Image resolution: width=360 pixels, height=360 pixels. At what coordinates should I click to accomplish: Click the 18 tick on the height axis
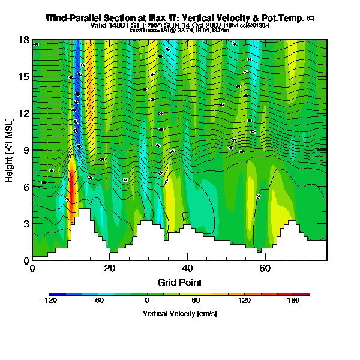tap(25, 40)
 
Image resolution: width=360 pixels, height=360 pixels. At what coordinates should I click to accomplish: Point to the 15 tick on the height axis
tap(25, 76)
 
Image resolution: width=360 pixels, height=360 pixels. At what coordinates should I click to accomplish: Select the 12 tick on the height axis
tap(25, 113)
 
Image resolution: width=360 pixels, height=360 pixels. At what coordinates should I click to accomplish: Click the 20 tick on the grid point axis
tap(110, 268)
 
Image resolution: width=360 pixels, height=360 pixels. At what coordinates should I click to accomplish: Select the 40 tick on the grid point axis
tap(187, 268)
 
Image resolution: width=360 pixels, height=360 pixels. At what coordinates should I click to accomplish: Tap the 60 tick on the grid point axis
tap(265, 268)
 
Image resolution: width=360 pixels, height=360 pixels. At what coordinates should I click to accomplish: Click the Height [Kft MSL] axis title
tap(9, 149)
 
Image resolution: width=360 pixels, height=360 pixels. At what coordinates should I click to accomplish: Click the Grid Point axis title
tap(179, 282)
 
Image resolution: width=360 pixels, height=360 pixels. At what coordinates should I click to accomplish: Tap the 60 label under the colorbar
tap(196, 301)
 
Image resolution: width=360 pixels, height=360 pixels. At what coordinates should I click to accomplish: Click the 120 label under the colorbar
tap(244, 301)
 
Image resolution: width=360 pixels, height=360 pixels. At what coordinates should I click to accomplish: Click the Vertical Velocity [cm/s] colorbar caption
tap(179, 313)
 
